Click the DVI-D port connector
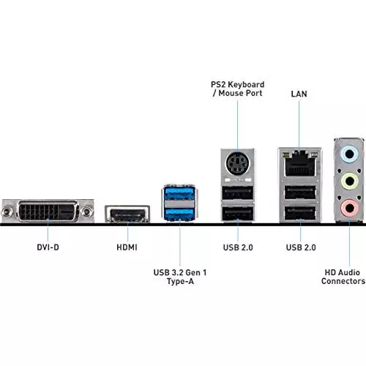[x=48, y=193]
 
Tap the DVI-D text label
[x=48, y=247]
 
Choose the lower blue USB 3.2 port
[x=179, y=195]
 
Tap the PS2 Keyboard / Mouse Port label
[x=238, y=89]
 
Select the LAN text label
[x=299, y=94]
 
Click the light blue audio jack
[x=350, y=154]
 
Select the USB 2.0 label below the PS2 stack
[x=238, y=247]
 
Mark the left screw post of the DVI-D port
[x=9, y=193]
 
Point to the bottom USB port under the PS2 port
[x=238, y=195]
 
